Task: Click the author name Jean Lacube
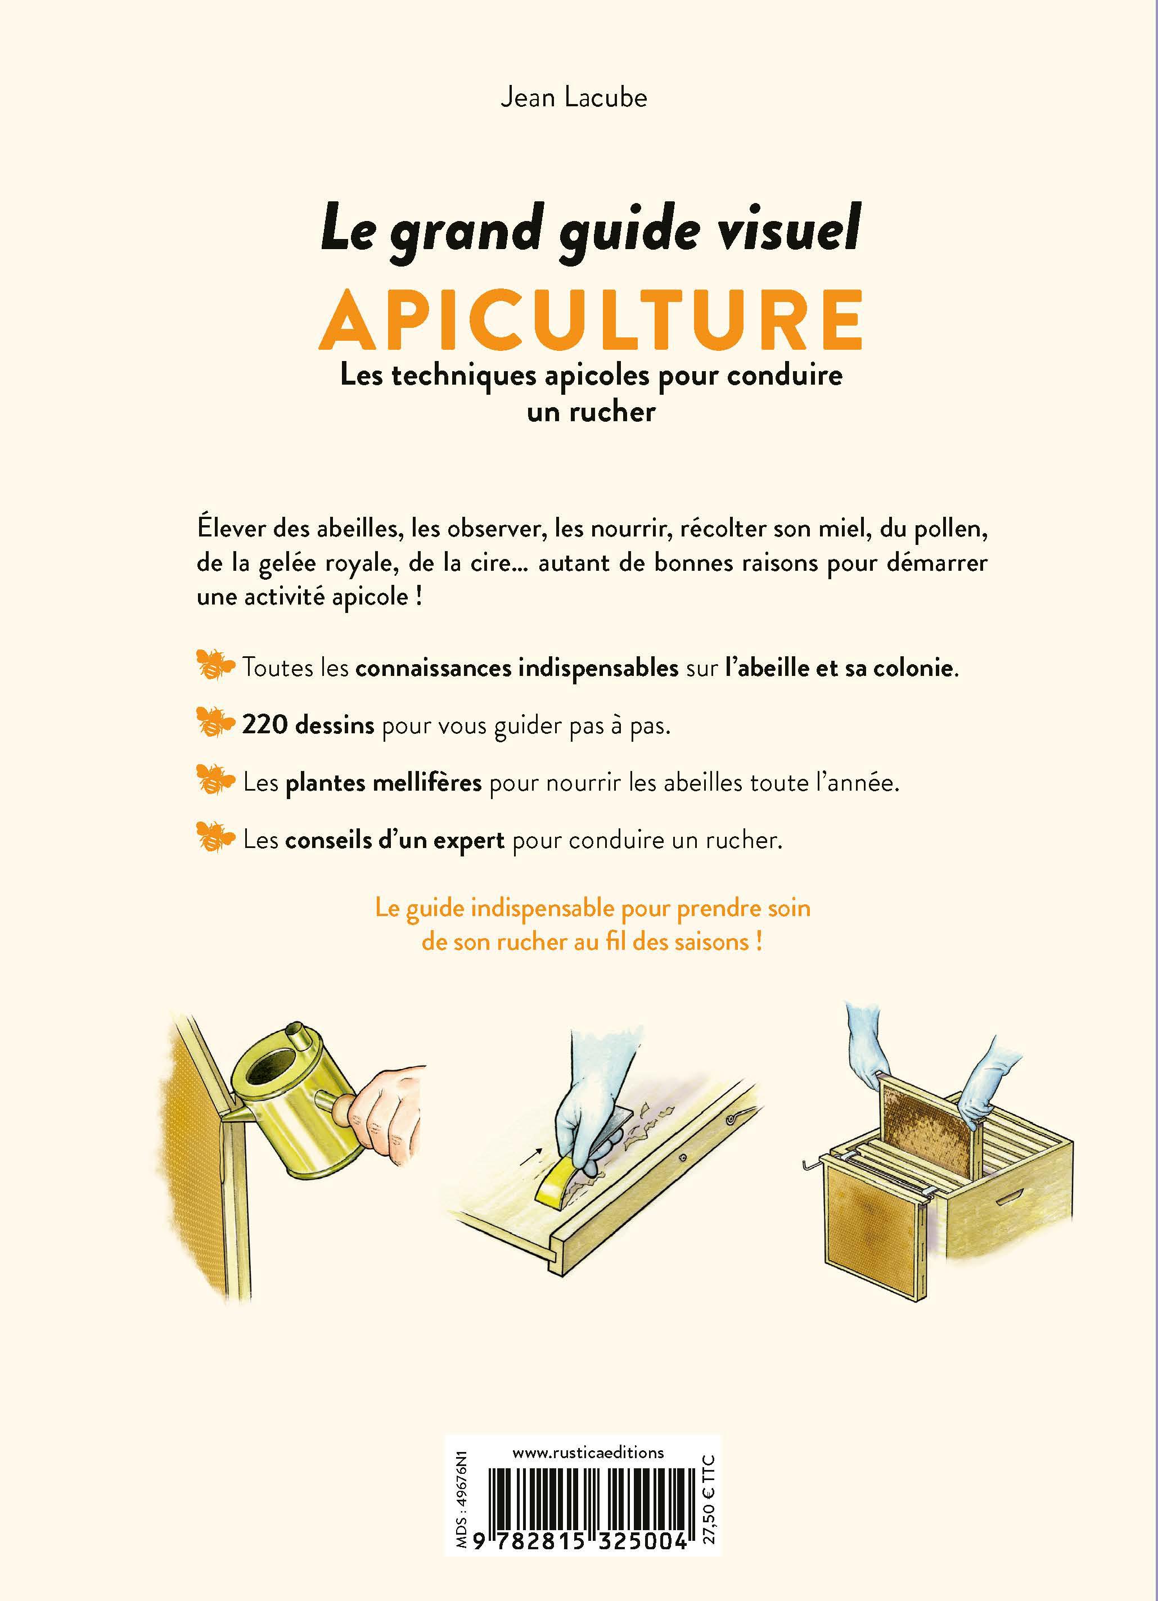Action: pos(573,97)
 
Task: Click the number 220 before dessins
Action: pos(265,725)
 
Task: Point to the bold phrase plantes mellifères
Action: pos(384,783)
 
